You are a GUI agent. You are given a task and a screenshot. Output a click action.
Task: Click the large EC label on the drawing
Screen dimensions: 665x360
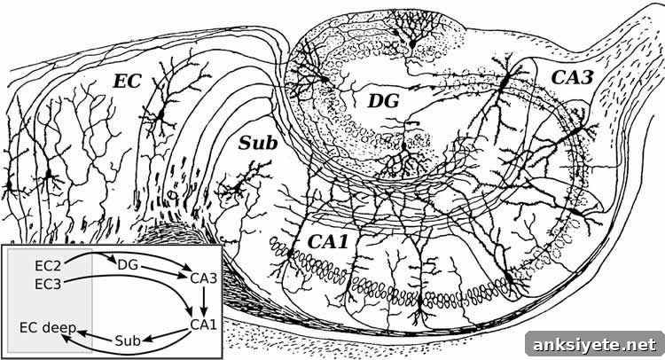pos(127,82)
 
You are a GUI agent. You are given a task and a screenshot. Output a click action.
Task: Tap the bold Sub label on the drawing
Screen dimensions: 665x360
pos(258,144)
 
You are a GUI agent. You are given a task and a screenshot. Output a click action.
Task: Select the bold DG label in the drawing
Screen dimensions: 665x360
pos(383,101)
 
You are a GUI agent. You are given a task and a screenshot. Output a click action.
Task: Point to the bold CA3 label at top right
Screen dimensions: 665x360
pos(572,77)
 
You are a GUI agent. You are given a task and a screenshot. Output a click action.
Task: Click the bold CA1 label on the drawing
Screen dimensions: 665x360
pos(328,242)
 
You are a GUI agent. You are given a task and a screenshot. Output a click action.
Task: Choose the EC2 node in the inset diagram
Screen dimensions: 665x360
pos(49,266)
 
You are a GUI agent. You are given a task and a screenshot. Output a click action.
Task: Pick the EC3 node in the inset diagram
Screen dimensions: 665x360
pos(49,284)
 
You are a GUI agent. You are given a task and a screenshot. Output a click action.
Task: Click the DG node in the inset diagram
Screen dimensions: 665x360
pos(128,265)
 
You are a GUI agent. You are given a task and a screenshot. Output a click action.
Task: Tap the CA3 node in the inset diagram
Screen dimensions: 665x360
pos(204,278)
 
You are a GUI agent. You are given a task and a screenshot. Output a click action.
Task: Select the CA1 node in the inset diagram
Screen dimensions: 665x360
pos(204,325)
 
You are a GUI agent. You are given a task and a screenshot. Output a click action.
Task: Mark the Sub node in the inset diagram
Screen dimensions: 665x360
pos(128,340)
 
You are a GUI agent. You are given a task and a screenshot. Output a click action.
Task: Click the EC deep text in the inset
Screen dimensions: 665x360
pos(48,327)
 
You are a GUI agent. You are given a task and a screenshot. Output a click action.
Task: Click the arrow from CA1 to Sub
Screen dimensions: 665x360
pos(166,335)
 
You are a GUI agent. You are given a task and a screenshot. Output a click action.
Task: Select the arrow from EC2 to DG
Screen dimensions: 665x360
pos(90,254)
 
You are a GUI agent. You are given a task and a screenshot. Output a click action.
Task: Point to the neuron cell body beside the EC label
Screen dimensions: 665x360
pos(160,114)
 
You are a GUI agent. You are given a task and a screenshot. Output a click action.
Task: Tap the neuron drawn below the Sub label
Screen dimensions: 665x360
pos(236,186)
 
